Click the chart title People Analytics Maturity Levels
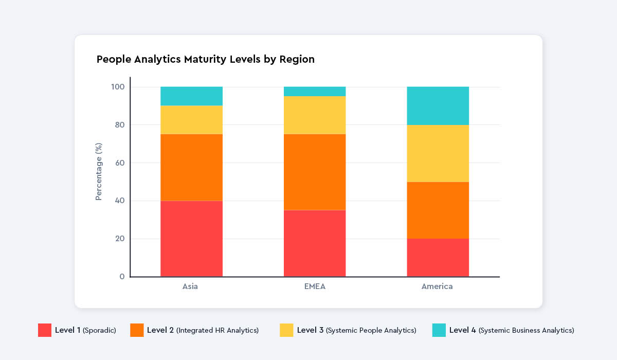[x=205, y=59]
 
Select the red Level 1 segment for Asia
[x=191, y=239]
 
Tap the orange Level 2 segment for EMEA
[x=315, y=172]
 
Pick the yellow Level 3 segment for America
[x=438, y=153]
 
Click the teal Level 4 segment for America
[x=438, y=106]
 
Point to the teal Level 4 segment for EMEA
[x=315, y=92]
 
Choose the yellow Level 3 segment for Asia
[x=191, y=120]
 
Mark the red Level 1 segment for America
[x=438, y=258]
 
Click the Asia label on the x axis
[x=190, y=286]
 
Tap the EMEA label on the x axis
[x=314, y=286]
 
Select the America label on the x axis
[x=437, y=286]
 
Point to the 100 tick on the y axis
[x=118, y=87]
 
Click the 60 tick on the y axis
[x=119, y=163]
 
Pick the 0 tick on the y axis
[x=122, y=277]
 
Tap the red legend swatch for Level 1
[x=45, y=330]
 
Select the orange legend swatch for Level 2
[x=137, y=330]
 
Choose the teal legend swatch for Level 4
[x=439, y=330]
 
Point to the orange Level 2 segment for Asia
[x=191, y=167]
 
